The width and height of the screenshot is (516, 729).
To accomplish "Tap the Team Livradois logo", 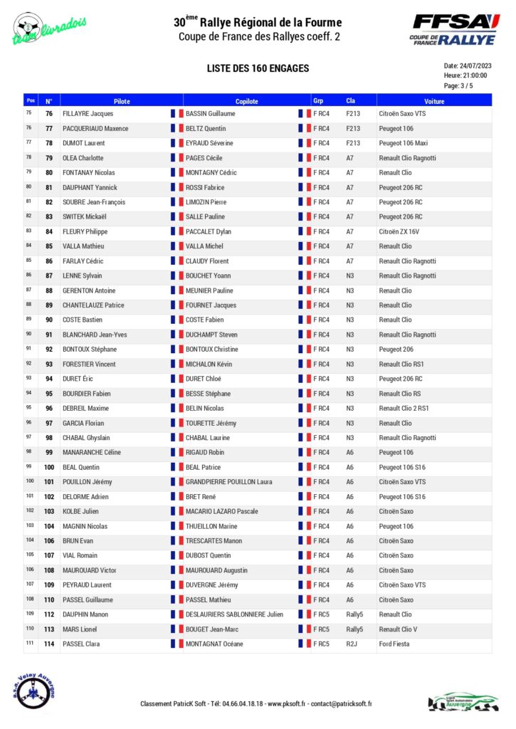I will pyautogui.click(x=49, y=29).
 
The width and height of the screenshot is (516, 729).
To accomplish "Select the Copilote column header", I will pyautogui.click(x=246, y=101).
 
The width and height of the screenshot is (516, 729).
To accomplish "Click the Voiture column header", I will pyautogui.click(x=433, y=101).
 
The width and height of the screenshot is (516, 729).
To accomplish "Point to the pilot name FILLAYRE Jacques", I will pyautogui.click(x=88, y=114).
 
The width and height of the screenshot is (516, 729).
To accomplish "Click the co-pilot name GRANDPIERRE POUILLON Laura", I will pyautogui.click(x=228, y=482).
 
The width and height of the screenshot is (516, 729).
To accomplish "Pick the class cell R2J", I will pyautogui.click(x=352, y=644).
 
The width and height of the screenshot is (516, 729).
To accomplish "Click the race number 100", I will pyautogui.click(x=49, y=468).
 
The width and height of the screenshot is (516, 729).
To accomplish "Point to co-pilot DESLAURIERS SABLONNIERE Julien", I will pyautogui.click(x=234, y=614).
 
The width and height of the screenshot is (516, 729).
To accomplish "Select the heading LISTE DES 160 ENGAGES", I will pyautogui.click(x=258, y=68).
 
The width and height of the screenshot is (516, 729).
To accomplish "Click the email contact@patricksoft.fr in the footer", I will pyautogui.click(x=341, y=704).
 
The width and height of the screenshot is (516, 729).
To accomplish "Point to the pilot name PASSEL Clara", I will pyautogui.click(x=81, y=644).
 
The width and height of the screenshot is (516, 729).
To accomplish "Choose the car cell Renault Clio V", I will pyautogui.click(x=398, y=629).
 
